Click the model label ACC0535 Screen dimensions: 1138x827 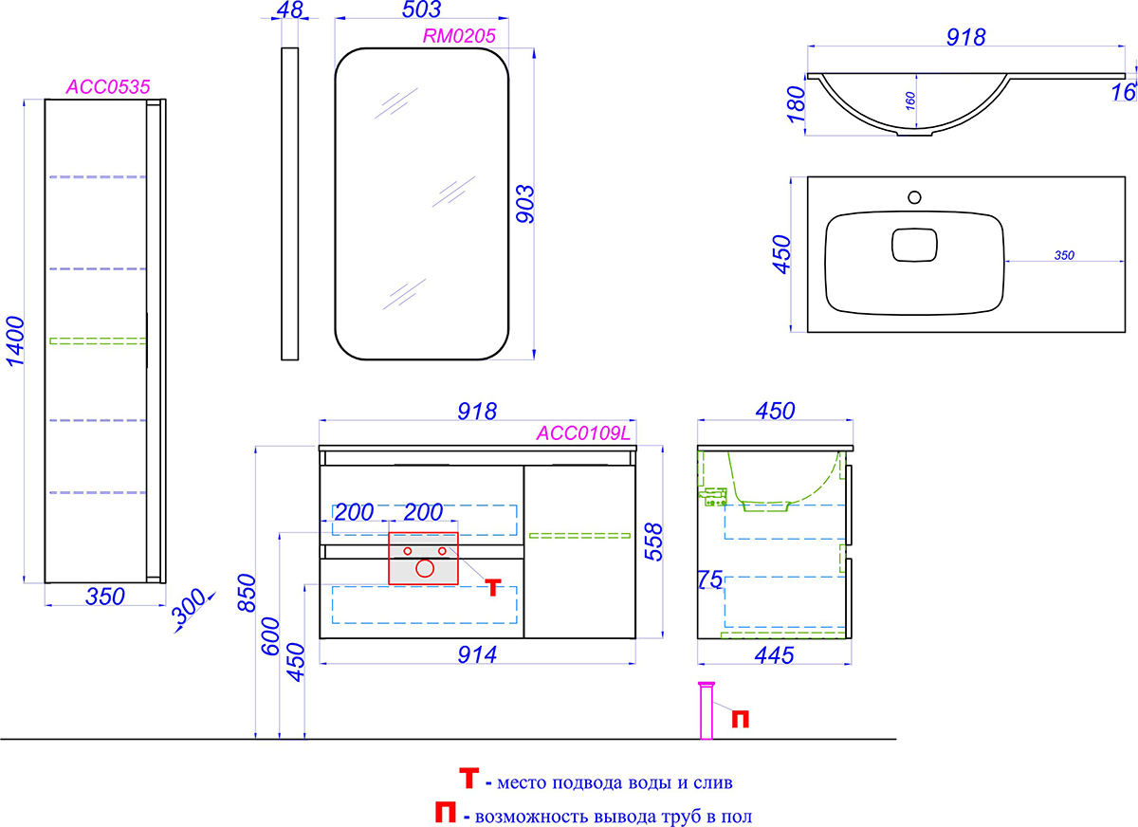point(108,87)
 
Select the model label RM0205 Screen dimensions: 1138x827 point(459,35)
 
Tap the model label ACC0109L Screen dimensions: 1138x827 point(583,432)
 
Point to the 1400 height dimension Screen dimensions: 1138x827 point(15,340)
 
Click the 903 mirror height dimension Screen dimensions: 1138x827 point(525,204)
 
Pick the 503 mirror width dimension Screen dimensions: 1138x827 point(422,9)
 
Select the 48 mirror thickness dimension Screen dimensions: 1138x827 point(290,9)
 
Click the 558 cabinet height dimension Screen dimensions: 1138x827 point(653,542)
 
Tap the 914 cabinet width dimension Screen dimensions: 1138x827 point(477,654)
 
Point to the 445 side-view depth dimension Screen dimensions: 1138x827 point(774,654)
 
